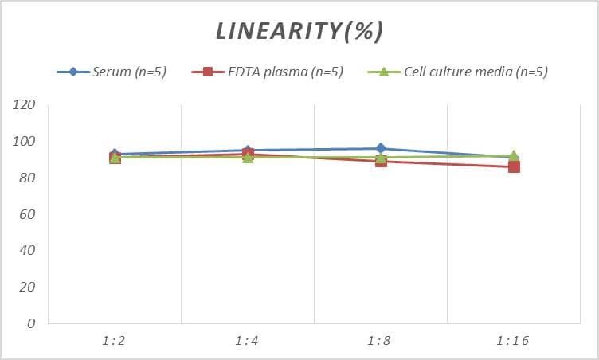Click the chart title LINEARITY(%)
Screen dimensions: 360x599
pos(300,31)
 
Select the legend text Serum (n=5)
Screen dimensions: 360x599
pos(129,72)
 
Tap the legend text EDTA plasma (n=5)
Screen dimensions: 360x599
pos(284,72)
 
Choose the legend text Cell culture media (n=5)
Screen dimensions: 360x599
pos(476,72)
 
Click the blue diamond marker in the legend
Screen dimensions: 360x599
pos(73,72)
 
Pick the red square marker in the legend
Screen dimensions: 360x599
pos(209,72)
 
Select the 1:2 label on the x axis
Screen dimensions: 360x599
pos(114,341)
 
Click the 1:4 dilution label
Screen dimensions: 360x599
pos(247,341)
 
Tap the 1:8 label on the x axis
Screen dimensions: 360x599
pos(380,341)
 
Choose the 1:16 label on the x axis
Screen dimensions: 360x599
pos(513,341)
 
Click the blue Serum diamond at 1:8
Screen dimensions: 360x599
pos(381,148)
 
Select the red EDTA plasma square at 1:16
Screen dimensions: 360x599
pos(514,166)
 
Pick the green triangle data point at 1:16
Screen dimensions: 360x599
pos(514,156)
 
